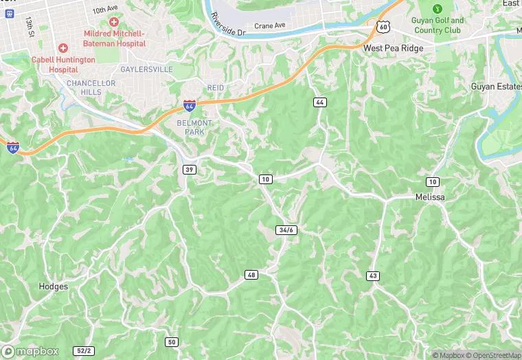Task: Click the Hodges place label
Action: [x=54, y=286]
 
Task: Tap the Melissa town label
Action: [x=430, y=197]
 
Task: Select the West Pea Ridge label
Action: [x=394, y=49]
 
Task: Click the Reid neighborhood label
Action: [x=216, y=87]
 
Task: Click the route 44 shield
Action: [x=319, y=102]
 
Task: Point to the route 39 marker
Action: [x=189, y=169]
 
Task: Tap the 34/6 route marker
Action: [x=286, y=229]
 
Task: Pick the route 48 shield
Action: [x=251, y=275]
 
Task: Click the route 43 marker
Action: [x=373, y=275]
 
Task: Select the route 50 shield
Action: [x=172, y=342]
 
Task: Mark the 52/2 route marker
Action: [x=84, y=350]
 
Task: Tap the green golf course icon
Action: [x=438, y=9]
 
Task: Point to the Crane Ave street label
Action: [x=269, y=26]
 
